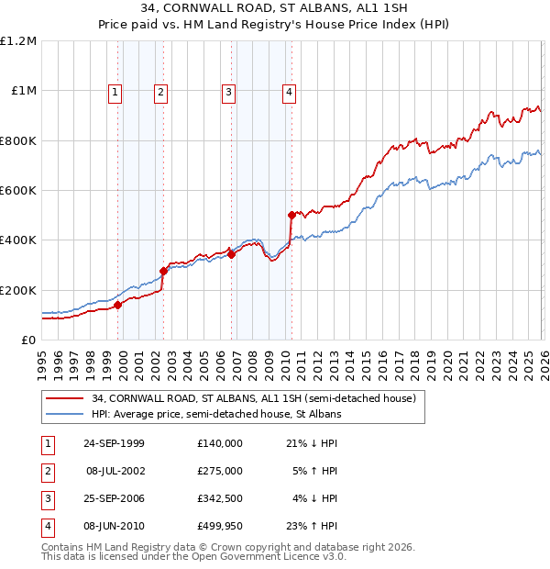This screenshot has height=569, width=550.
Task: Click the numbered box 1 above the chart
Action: point(115,91)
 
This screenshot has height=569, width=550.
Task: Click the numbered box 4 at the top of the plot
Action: point(289,91)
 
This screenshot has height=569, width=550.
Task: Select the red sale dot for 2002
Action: point(163,271)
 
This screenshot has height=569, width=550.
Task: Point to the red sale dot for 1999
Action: point(118,306)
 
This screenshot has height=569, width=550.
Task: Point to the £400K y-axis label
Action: point(18,240)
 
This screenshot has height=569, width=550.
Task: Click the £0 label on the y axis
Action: point(28,340)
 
